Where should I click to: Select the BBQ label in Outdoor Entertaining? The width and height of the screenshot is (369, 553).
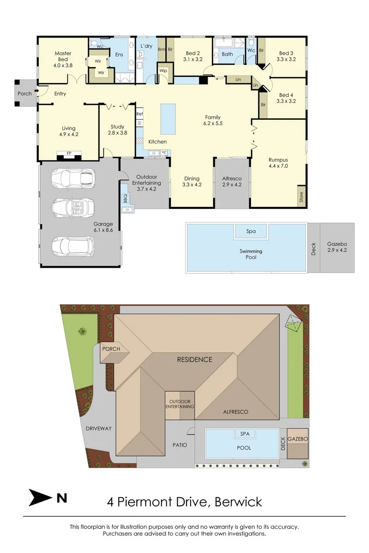(x=125, y=196)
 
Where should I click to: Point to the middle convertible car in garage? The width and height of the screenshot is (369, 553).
(x=73, y=208)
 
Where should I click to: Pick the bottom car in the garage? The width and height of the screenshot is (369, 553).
(x=73, y=245)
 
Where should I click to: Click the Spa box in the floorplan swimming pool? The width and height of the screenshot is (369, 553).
(x=251, y=231)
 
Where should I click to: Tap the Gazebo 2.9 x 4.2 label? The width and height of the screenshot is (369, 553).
(x=337, y=247)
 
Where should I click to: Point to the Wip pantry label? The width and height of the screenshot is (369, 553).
(x=163, y=71)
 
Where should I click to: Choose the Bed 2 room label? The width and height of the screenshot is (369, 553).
(x=192, y=56)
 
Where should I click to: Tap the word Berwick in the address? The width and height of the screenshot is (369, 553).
(x=237, y=501)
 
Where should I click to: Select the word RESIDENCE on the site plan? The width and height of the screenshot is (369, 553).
(x=194, y=359)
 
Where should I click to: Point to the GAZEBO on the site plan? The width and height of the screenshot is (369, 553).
(x=297, y=440)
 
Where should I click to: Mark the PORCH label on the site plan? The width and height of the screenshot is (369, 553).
(x=111, y=349)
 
